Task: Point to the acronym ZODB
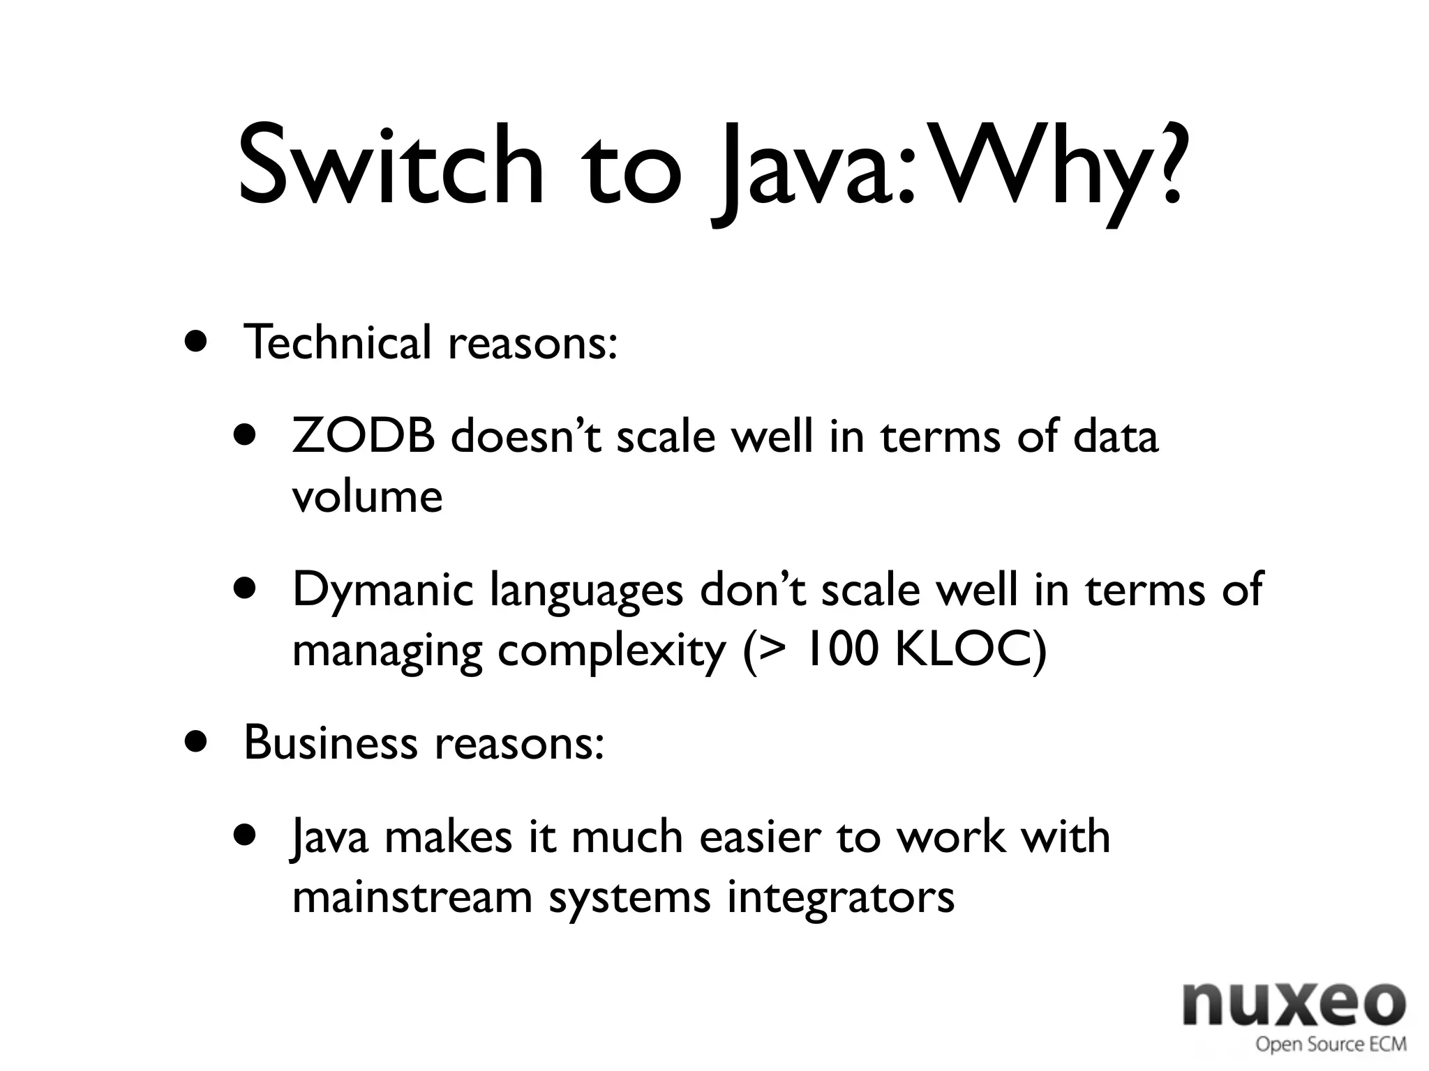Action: [x=364, y=436]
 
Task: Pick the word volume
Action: [x=367, y=496]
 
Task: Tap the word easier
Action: [x=758, y=837]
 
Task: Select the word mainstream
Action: [x=412, y=897]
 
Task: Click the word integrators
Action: [x=840, y=898]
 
